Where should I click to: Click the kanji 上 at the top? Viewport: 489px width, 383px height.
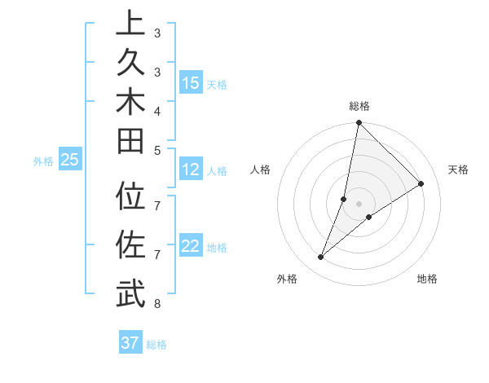(131, 23)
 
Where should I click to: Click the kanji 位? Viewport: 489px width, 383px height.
(131, 198)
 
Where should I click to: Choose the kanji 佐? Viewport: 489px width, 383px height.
(131, 244)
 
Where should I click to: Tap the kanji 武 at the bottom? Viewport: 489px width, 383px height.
(131, 294)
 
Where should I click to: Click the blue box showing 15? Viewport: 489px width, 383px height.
(191, 83)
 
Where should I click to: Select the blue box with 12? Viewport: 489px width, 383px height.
(191, 170)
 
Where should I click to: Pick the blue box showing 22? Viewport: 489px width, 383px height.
(191, 246)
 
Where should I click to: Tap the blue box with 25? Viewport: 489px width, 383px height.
(70, 160)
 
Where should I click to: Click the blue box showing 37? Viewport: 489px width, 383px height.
(130, 343)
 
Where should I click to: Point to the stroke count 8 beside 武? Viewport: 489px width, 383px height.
(156, 305)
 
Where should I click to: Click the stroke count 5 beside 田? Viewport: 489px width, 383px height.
(156, 150)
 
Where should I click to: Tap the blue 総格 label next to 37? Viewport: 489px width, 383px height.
(156, 345)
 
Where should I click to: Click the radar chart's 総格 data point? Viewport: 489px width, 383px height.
(359, 123)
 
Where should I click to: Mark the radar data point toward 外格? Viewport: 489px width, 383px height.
(321, 258)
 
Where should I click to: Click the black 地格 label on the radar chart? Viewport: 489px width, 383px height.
(427, 280)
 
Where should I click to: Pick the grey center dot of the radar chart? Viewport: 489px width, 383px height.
(359, 204)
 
